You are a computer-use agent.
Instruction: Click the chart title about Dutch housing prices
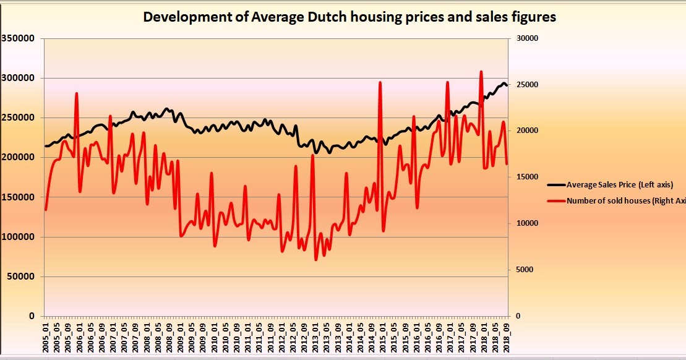point(349,17)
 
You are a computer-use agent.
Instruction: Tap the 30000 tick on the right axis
point(528,38)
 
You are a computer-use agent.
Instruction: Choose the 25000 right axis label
point(528,85)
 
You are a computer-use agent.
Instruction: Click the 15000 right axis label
point(528,177)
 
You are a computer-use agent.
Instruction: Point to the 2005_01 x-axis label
point(46,337)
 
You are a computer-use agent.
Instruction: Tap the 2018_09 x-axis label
point(506,337)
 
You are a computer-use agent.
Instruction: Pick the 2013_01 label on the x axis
point(315,337)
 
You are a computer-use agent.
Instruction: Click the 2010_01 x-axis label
point(214,337)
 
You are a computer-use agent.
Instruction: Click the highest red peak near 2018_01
point(481,72)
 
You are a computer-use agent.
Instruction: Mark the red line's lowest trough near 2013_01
point(316,259)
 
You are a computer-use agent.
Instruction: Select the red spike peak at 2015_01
point(380,82)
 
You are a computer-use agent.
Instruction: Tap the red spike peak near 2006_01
point(77,93)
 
